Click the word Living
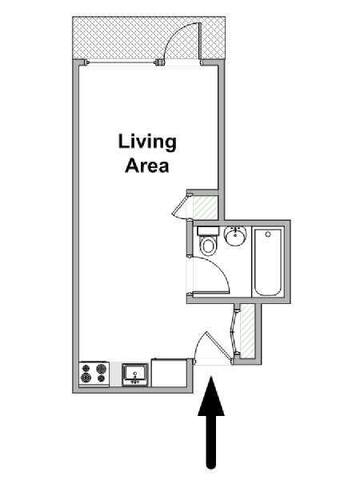[x=147, y=143]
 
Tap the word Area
[x=147, y=166]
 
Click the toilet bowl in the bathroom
[x=208, y=246]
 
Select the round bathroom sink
[x=235, y=236]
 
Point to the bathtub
[x=268, y=262]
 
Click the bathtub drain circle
[x=268, y=234]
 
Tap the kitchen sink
[x=135, y=375]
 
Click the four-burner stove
[x=94, y=374]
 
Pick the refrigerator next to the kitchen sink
[x=170, y=373]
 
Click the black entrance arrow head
[x=211, y=397]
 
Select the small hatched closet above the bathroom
[x=205, y=207]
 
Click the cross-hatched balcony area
[x=149, y=38]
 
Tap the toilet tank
[x=208, y=231]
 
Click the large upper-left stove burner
[x=85, y=368]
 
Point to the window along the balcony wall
[x=122, y=62]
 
